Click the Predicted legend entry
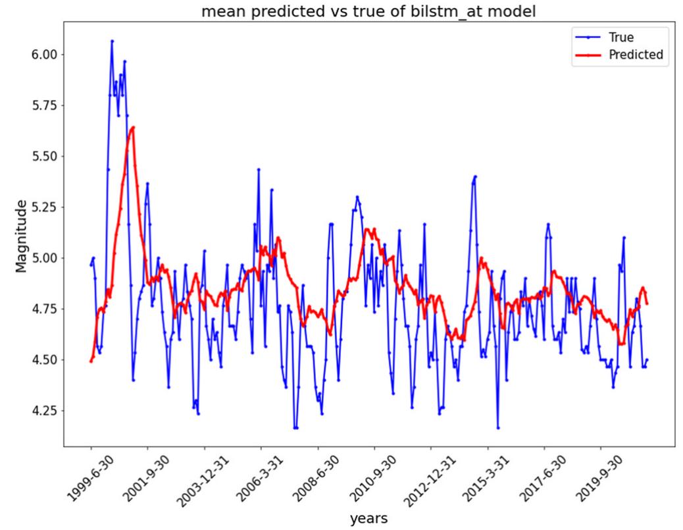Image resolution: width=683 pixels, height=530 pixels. tap(636, 55)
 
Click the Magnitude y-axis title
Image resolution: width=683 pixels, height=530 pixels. tap(21, 237)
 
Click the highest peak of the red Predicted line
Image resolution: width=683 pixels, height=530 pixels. tap(133, 127)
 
